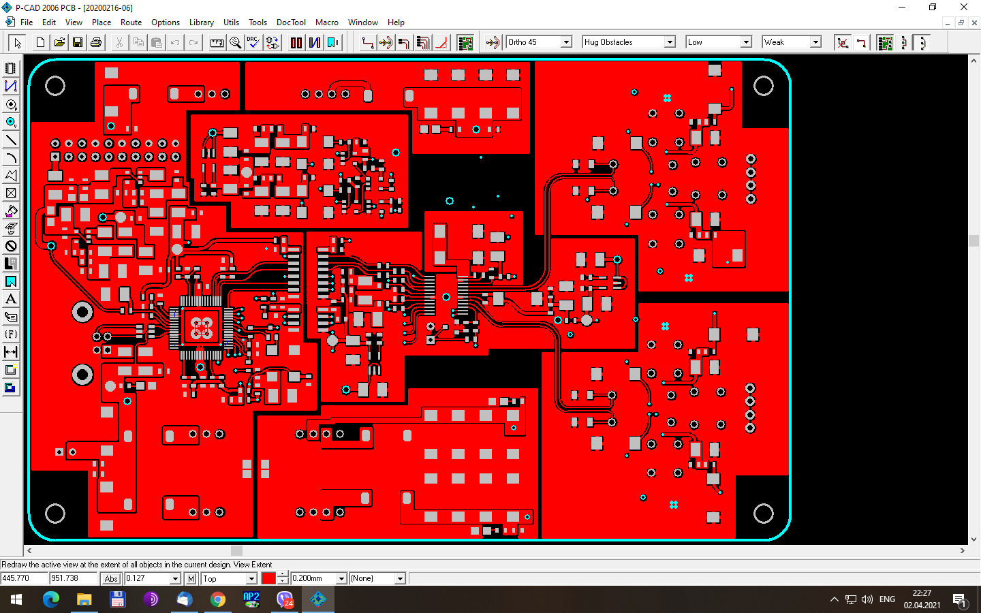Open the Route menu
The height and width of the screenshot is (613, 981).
(x=131, y=22)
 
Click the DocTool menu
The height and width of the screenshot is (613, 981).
(x=291, y=22)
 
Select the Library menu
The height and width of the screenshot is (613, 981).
(x=201, y=22)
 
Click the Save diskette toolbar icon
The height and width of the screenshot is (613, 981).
(x=78, y=42)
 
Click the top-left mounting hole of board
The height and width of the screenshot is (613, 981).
(x=55, y=86)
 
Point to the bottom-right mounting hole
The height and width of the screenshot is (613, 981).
(x=763, y=514)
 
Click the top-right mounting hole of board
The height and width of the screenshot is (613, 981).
(x=763, y=86)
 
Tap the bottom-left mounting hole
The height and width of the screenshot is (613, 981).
(x=55, y=514)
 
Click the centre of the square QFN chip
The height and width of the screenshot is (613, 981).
(x=201, y=328)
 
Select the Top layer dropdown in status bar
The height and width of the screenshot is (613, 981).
(x=229, y=578)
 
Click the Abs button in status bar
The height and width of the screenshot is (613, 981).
(x=111, y=578)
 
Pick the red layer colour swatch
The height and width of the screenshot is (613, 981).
(x=268, y=578)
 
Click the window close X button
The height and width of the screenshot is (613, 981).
(x=963, y=7)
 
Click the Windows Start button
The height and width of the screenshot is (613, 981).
(x=16, y=599)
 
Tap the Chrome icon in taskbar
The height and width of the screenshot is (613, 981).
(x=218, y=599)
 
